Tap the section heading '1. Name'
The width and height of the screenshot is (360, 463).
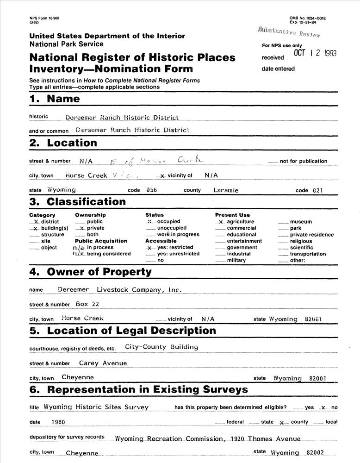pos(54,99)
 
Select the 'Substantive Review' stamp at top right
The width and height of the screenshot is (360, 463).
pos(289,31)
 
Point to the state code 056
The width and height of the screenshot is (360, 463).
pos(152,190)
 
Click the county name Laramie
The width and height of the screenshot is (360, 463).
pos(226,190)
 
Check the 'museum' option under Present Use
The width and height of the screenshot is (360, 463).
pos(283,222)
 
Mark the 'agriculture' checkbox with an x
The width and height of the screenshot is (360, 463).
pos(221,222)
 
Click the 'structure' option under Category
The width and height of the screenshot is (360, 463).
pos(35,235)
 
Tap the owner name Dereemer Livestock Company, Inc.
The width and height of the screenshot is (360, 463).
pos(119,290)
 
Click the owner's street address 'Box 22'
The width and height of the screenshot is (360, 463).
pos(87,304)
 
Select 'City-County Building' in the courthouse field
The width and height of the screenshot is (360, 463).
pos(161,347)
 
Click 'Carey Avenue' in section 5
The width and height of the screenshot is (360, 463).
pos(103,363)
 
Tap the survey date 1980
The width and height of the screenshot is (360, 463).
pos(59,422)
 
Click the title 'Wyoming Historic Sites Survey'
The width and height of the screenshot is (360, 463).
pos(96,407)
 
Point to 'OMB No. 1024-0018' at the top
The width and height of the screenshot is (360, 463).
pos(308,18)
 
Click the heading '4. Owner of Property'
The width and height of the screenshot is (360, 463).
pos(91,272)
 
